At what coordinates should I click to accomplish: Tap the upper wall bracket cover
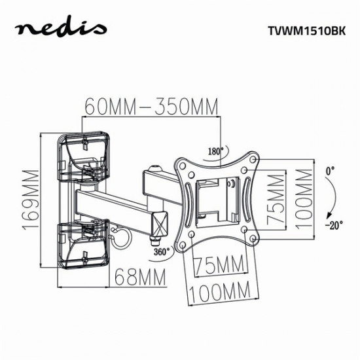pyautogui.click(x=83, y=159)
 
